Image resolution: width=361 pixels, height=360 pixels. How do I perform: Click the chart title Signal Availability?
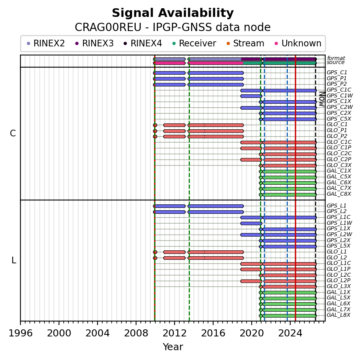pyautogui.click(x=173, y=13)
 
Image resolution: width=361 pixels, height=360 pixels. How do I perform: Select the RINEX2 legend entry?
pyautogui.click(x=46, y=43)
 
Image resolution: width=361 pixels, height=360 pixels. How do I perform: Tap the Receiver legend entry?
pyautogui.click(x=194, y=43)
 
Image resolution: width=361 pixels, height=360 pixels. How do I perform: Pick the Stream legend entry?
pyautogui.click(x=245, y=43)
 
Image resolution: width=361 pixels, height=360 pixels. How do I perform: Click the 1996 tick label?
pyautogui.click(x=20, y=333)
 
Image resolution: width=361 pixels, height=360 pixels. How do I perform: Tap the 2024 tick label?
pyautogui.click(x=290, y=333)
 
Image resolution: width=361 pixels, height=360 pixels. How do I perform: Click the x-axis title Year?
pyautogui.click(x=173, y=347)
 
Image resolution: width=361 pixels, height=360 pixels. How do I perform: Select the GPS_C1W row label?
pyautogui.click(x=340, y=96)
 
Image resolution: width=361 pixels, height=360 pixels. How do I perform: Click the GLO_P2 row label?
pyautogui.click(x=337, y=136)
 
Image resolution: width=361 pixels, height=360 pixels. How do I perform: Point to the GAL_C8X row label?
pyautogui.click(x=339, y=194)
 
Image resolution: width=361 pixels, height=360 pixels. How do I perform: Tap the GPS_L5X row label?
pyautogui.click(x=339, y=246)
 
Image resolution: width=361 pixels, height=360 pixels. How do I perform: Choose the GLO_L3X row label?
pyautogui.click(x=339, y=286)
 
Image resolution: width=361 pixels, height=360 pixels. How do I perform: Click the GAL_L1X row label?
pyautogui.click(x=339, y=292)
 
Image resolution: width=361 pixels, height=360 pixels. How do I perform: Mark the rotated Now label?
pyautogui.click(x=322, y=99)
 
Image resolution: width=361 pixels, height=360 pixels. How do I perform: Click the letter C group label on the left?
pyautogui.click(x=13, y=133)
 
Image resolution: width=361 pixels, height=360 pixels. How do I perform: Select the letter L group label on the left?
pyautogui.click(x=14, y=261)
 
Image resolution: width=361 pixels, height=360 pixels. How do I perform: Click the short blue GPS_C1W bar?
pyautogui.click(x=251, y=96)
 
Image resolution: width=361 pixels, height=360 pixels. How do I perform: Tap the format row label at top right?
pyautogui.click(x=336, y=58)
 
